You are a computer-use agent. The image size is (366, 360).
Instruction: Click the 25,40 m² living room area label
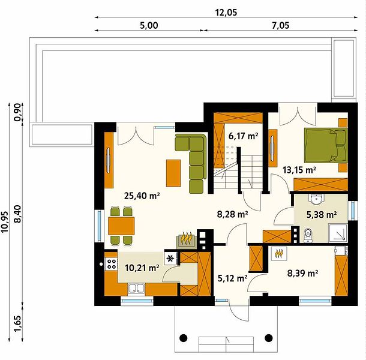(x=142, y=196)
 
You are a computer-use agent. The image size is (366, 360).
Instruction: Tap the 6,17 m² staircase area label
(x=244, y=136)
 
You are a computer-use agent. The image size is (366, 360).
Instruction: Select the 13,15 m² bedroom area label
(x=299, y=170)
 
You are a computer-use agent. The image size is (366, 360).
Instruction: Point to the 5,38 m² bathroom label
(x=322, y=214)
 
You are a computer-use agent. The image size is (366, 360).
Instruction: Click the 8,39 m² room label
(x=302, y=272)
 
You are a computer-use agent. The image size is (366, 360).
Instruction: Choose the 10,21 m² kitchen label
(x=142, y=268)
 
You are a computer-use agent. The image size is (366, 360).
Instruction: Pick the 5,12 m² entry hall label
(x=232, y=278)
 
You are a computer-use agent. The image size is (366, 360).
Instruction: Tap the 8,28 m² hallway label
(x=232, y=214)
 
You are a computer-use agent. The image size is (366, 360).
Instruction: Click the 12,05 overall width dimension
(x=226, y=13)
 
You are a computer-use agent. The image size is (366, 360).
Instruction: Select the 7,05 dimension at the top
(x=281, y=25)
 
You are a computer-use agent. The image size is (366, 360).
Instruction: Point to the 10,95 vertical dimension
(x=5, y=222)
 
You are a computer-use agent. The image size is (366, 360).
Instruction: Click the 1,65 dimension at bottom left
(x=18, y=324)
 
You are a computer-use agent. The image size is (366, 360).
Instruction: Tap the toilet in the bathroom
(x=308, y=235)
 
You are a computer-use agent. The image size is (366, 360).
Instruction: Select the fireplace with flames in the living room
(x=186, y=239)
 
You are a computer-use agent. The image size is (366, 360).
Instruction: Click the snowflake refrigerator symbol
(x=170, y=259)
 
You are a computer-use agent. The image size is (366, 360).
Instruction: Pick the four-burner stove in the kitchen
(x=111, y=264)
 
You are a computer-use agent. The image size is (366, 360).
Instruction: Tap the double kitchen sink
(x=136, y=289)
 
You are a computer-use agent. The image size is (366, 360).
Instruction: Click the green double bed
(x=326, y=145)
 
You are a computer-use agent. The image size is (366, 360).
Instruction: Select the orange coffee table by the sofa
(x=173, y=173)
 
